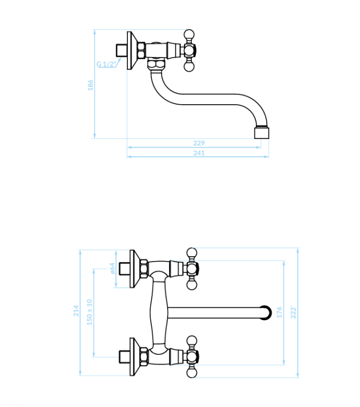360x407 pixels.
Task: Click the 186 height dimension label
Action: coord(90,85)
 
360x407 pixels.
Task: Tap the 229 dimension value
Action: coord(199,143)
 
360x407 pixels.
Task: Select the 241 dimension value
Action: coord(199,153)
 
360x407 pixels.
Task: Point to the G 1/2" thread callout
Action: coord(106,64)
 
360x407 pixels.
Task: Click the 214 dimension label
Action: coord(76,311)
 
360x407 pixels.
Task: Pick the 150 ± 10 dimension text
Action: coord(89,312)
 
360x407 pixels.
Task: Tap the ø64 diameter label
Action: coord(112,268)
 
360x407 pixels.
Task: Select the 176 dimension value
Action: coord(279,312)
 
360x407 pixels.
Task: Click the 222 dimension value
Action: coord(293,312)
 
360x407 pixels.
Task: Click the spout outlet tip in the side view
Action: coord(261,132)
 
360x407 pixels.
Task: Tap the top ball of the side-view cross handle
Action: coord(189,35)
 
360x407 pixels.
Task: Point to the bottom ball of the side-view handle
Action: coord(189,67)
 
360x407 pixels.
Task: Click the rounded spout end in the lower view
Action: coord(266,313)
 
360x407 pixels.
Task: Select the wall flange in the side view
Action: coord(132,50)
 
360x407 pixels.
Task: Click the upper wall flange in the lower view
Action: coord(135,269)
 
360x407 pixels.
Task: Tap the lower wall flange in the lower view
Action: coord(135,357)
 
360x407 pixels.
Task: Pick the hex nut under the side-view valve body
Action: coord(156,64)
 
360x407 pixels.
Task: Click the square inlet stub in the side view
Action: coord(121,50)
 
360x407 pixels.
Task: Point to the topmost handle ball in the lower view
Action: coord(192,253)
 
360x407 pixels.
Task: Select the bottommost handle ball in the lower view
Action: coord(192,373)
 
